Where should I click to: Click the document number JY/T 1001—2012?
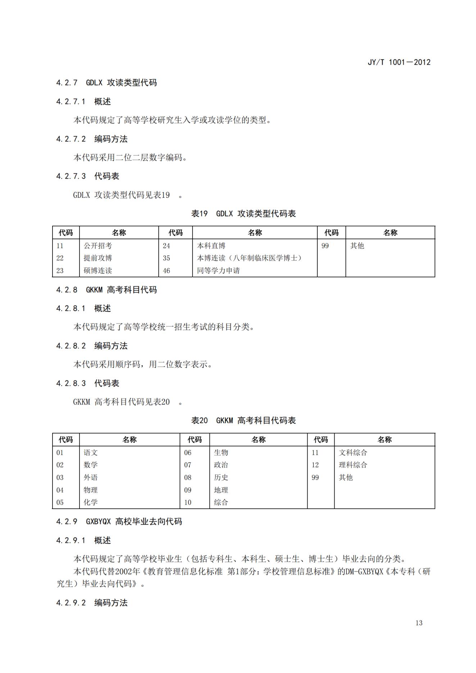(399, 62)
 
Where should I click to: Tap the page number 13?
(418, 623)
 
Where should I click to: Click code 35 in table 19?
(166, 258)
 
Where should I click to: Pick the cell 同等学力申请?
(218, 270)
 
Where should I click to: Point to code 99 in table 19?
(325, 246)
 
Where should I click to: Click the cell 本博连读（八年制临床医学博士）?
(249, 258)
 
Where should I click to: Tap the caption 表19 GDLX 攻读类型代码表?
(243, 214)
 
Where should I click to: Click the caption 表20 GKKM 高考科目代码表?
(243, 420)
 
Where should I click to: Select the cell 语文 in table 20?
(91, 453)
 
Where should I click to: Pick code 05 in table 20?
(60, 502)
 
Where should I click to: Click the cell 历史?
(221, 477)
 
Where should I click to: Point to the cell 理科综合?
(353, 465)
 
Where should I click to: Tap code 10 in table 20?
(188, 502)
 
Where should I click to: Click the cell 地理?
(221, 490)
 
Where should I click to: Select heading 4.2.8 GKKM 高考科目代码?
(106, 290)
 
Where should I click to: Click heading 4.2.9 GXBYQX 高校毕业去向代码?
(119, 522)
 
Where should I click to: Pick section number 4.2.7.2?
(71, 139)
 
